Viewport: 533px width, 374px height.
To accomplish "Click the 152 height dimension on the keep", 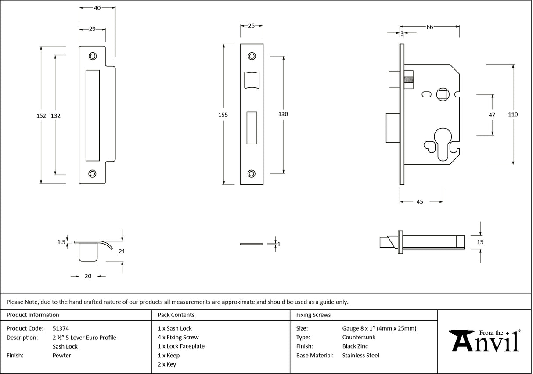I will [x=41, y=116].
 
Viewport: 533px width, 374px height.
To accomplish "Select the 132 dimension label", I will [x=56, y=116].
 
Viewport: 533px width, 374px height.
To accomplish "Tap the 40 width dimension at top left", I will [x=97, y=8].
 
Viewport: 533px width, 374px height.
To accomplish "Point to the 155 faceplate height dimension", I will [x=223, y=115].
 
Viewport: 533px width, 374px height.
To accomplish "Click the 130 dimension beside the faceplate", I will [x=283, y=114].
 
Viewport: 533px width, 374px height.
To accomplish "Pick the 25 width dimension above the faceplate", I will [x=252, y=26].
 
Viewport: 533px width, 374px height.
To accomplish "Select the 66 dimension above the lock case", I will [x=430, y=27].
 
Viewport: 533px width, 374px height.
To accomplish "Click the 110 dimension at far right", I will [x=513, y=115].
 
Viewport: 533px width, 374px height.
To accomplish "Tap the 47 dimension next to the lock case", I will [x=492, y=115].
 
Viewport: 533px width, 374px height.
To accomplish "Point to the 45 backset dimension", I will [x=420, y=202].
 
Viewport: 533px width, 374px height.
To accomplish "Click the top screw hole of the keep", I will [x=92, y=56].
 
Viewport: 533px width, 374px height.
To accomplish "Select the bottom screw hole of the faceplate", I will [x=252, y=173].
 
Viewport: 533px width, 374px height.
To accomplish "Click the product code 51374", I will [x=61, y=328].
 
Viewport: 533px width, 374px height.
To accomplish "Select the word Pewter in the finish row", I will [x=61, y=356].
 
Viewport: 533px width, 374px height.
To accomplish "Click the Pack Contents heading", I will [x=176, y=315].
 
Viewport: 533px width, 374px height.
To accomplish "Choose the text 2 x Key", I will [x=167, y=364].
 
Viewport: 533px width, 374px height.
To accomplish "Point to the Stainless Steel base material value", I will [x=360, y=356].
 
